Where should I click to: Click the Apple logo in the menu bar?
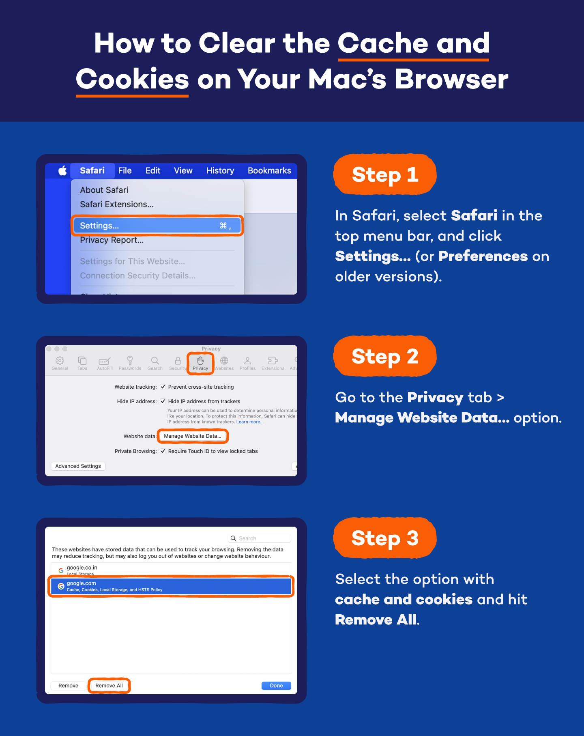coord(62,170)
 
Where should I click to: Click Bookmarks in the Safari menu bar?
coord(269,170)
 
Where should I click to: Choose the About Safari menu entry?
coord(104,190)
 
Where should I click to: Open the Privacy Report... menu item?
coord(112,240)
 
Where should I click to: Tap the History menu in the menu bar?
coord(220,170)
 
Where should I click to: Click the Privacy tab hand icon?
coord(200,360)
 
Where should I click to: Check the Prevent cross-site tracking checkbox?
coord(163,387)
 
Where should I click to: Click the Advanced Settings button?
coord(78,466)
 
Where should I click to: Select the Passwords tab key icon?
coord(130,360)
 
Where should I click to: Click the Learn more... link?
coord(250,422)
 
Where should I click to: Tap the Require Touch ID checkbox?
coord(163,451)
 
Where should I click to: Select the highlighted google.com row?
coord(170,586)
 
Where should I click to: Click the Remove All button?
coord(109,686)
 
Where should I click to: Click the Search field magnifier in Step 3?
coord(233,538)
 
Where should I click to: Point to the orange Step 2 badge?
coord(384,356)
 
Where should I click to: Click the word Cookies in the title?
coord(132,79)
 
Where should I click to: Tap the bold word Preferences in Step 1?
coord(483,256)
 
